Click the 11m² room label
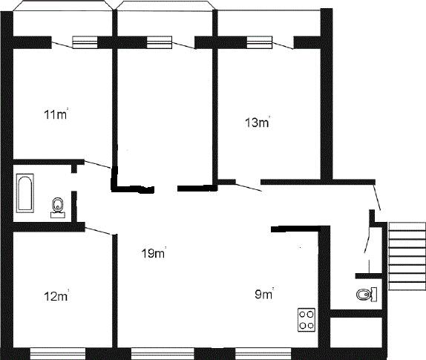point(56,114)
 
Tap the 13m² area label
point(258,122)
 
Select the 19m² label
point(154,252)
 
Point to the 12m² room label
point(56,295)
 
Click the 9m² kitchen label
point(264,294)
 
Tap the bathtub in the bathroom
point(25,193)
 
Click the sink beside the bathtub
point(58,208)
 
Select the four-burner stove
point(307,319)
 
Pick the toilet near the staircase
point(367,295)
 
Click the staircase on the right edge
point(407,256)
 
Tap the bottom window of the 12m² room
point(58,353)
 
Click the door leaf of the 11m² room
point(97,165)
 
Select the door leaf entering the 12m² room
point(99,230)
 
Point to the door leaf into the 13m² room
point(249,188)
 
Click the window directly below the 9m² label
point(263,353)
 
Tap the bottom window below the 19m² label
point(163,353)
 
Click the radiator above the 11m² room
point(85,42)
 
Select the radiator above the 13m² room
point(260,42)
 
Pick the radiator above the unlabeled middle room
point(160,42)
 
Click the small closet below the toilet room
point(356,333)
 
